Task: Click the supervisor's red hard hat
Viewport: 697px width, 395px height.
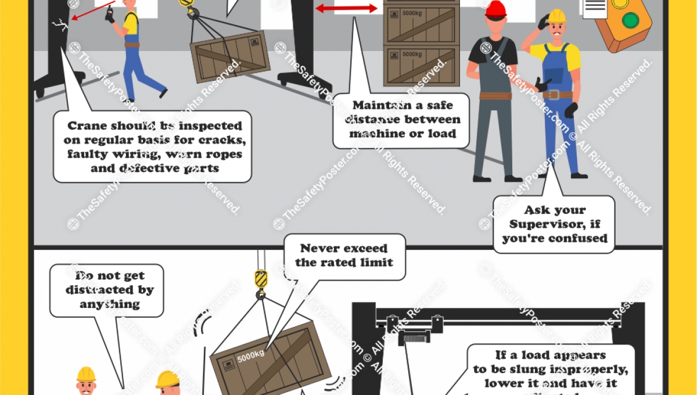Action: [495, 9]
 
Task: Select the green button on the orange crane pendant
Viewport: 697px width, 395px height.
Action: [630, 20]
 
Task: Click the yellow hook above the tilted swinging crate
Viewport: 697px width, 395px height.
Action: [261, 280]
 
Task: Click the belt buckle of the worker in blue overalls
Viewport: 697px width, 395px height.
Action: [552, 95]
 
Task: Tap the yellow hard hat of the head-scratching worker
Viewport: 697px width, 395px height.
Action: [556, 16]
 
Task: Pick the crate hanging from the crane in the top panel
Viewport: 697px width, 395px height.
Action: [230, 56]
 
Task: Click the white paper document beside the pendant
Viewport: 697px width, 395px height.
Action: [595, 9]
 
